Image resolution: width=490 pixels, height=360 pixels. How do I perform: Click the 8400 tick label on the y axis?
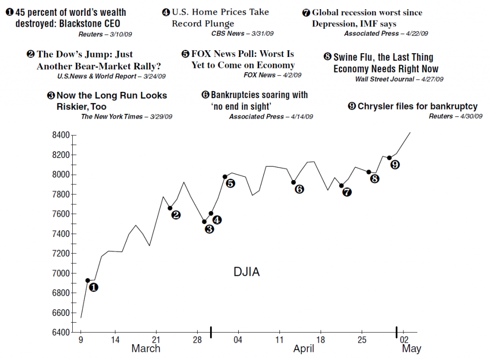[60, 135]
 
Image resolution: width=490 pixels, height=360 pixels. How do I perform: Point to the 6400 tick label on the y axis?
[60, 332]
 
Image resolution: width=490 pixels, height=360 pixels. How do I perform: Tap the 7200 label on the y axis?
[60, 253]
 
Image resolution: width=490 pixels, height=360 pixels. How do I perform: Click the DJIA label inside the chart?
[246, 272]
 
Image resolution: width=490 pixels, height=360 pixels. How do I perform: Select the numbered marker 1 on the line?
[94, 287]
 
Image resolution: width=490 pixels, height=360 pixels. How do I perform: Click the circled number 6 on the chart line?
[300, 189]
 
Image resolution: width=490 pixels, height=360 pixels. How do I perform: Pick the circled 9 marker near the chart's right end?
[395, 165]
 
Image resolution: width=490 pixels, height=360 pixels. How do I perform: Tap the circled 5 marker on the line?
[230, 183]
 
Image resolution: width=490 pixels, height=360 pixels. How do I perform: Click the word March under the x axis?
[146, 349]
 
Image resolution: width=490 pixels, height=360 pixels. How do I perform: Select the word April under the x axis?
[304, 349]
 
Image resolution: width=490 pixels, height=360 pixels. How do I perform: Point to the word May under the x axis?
[412, 349]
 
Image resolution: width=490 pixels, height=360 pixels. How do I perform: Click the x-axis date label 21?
[156, 339]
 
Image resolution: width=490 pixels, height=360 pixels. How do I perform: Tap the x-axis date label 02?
[403, 339]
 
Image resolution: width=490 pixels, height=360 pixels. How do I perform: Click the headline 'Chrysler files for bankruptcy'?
[417, 106]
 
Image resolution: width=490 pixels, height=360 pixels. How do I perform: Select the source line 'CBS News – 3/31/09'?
[243, 33]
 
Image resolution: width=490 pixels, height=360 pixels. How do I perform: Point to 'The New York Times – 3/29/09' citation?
[127, 116]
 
